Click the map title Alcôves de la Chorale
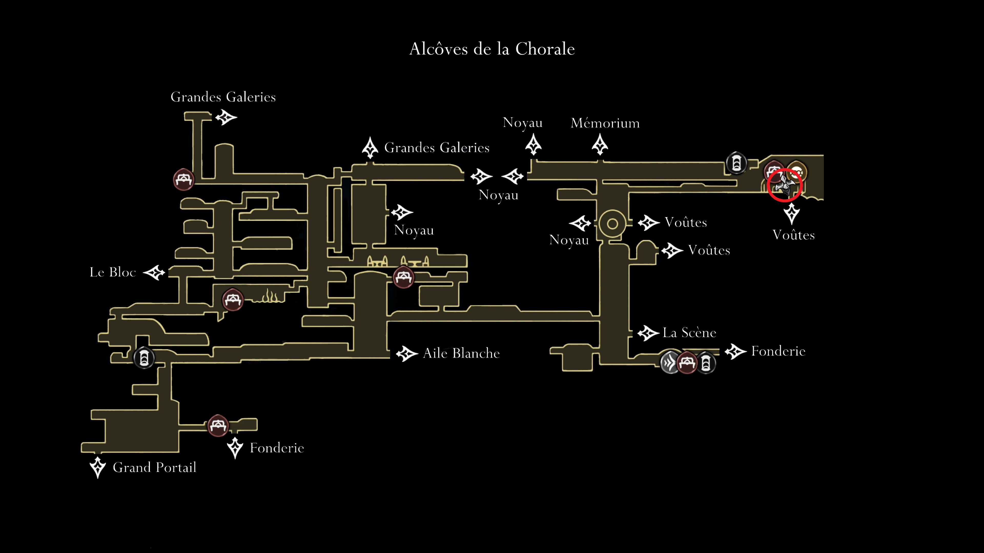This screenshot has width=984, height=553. (492, 49)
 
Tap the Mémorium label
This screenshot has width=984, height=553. (605, 123)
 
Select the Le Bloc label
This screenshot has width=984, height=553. (113, 272)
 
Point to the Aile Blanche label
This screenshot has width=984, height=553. (462, 353)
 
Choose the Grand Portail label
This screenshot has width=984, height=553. (154, 467)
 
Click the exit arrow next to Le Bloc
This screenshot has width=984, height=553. (154, 272)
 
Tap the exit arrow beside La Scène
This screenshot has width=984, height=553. (648, 333)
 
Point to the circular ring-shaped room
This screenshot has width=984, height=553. (612, 224)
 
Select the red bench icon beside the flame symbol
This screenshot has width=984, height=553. (233, 300)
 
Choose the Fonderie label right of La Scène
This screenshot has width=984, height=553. (778, 351)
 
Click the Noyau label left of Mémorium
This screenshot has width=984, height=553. (522, 123)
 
